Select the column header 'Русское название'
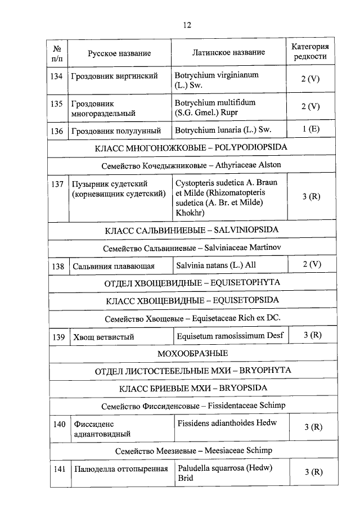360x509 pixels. click(119, 53)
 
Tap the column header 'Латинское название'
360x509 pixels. click(228, 52)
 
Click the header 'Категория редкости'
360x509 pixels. click(310, 52)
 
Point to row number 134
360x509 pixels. click(57, 76)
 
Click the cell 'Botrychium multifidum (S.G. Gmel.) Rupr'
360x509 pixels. click(215, 107)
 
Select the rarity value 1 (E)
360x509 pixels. click(310, 129)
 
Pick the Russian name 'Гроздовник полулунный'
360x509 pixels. click(116, 131)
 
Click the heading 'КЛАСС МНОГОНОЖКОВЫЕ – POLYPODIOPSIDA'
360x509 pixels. click(191, 148)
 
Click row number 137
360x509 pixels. click(57, 184)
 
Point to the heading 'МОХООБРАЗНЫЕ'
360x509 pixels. click(191, 353)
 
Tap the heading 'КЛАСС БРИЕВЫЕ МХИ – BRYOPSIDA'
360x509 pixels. click(191, 388)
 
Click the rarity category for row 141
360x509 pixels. click(310, 472)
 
